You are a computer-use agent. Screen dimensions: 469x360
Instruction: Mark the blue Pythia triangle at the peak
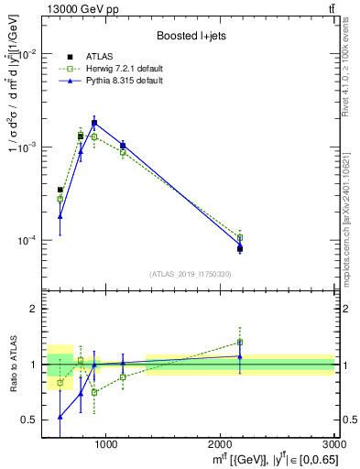point(94,123)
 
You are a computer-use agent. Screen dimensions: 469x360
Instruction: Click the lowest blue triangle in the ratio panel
point(60,417)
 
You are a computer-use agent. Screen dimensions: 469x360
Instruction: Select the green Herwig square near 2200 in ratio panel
point(240,343)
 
